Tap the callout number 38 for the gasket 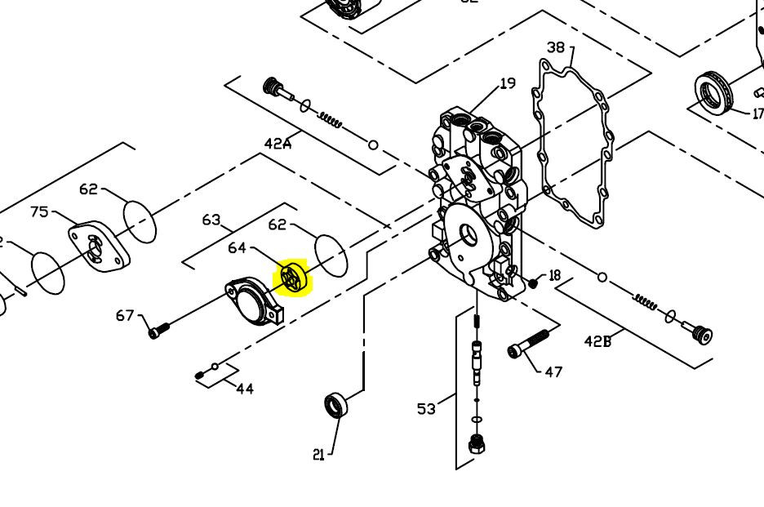pyautogui.click(x=556, y=48)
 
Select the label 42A pyautogui.click(x=278, y=143)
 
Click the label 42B pyautogui.click(x=597, y=341)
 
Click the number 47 pyautogui.click(x=553, y=371)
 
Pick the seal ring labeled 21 pyautogui.click(x=336, y=404)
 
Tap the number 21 pyautogui.click(x=318, y=455)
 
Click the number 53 pyautogui.click(x=427, y=409)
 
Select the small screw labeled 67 pyautogui.click(x=158, y=330)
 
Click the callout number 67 pyautogui.click(x=125, y=315)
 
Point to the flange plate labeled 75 pyautogui.click(x=99, y=247)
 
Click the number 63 pyautogui.click(x=211, y=220)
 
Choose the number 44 pyautogui.click(x=245, y=389)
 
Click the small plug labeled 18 pyautogui.click(x=534, y=283)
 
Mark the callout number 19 pyautogui.click(x=508, y=82)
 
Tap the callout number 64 pyautogui.click(x=237, y=247)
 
